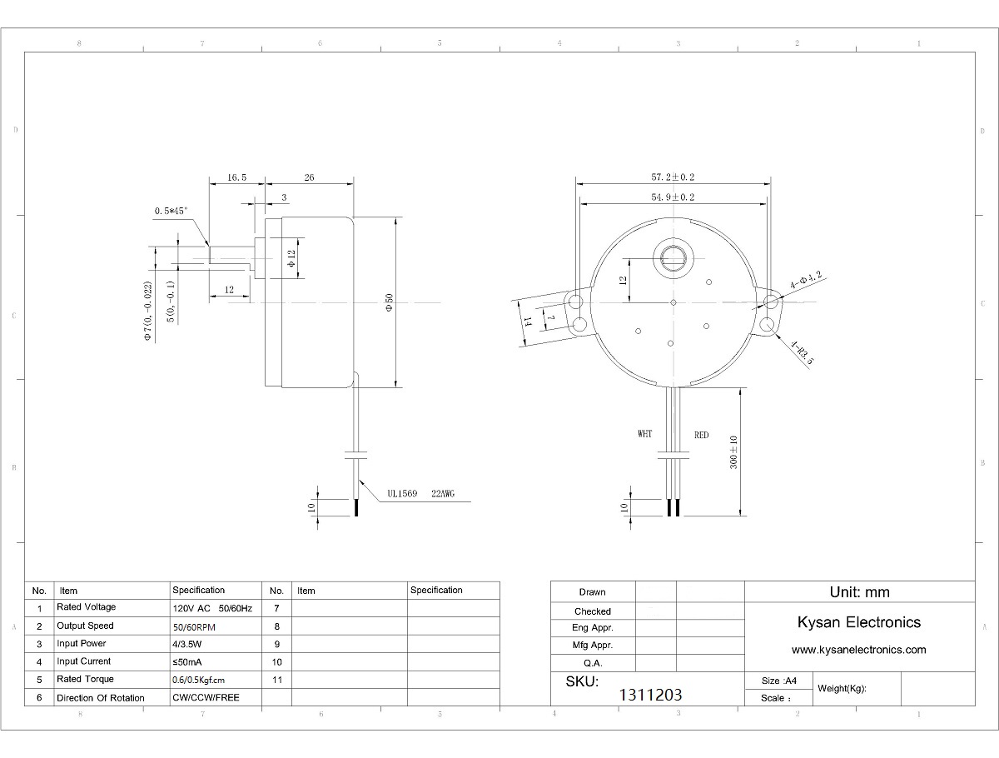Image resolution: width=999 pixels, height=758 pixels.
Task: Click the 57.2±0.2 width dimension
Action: [673, 177]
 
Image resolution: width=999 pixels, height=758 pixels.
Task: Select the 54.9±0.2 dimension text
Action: [673, 197]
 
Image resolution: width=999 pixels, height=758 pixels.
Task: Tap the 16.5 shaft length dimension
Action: [236, 177]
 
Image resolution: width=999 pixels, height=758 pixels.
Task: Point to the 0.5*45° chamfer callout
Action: [171, 211]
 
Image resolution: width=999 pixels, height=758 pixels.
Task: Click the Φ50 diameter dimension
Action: [389, 302]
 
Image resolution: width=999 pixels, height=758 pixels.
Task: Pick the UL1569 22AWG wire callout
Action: [421, 493]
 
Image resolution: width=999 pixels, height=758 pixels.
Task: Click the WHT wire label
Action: [645, 433]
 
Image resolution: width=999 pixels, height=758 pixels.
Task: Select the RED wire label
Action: [701, 435]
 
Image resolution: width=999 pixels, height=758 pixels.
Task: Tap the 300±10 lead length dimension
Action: [733, 452]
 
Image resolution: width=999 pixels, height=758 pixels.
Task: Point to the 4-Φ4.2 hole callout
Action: [806, 280]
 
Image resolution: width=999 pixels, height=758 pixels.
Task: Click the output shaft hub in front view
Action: [673, 258]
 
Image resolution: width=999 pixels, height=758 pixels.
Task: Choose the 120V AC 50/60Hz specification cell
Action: [212, 608]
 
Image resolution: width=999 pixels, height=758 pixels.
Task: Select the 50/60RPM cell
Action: [194, 627]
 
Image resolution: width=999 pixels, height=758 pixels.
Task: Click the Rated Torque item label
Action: [85, 679]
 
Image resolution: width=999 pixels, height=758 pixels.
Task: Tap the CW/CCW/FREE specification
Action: [206, 697]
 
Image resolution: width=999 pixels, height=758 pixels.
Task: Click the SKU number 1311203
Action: [650, 695]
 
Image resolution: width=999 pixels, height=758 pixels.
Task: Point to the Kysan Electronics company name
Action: [859, 622]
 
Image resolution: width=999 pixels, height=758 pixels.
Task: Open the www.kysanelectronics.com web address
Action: [859, 650]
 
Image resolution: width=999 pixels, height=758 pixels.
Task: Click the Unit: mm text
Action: [859, 592]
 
